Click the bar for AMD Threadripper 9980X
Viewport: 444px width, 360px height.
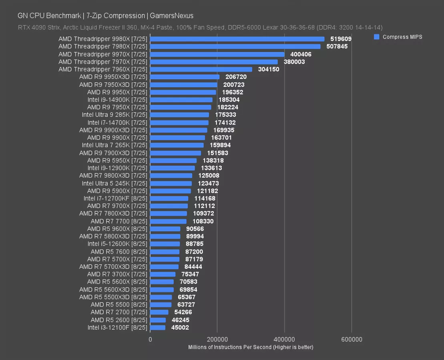click(x=237, y=39)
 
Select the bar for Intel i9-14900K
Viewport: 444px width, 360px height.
click(x=181, y=100)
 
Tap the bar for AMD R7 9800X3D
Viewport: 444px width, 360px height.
click(x=171, y=176)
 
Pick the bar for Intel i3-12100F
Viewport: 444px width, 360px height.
click(x=158, y=328)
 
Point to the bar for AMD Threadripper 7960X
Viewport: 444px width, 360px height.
click(x=201, y=69)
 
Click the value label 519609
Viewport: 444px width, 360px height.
click(x=341, y=39)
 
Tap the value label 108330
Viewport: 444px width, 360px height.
click(x=203, y=221)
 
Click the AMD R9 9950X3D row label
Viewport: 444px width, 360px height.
click(x=113, y=77)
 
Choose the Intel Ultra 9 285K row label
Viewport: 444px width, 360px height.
click(x=115, y=115)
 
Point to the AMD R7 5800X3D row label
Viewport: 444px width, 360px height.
click(x=113, y=236)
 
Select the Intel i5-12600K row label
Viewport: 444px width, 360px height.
click(x=117, y=244)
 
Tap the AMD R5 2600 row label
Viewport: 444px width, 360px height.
click(x=119, y=320)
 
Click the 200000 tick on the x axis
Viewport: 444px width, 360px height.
click(x=217, y=339)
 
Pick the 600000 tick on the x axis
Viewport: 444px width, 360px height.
click(x=352, y=339)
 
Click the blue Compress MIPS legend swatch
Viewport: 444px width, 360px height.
click(x=376, y=37)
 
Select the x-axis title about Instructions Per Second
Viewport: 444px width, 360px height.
click(x=251, y=347)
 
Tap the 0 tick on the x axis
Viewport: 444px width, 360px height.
click(x=150, y=339)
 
